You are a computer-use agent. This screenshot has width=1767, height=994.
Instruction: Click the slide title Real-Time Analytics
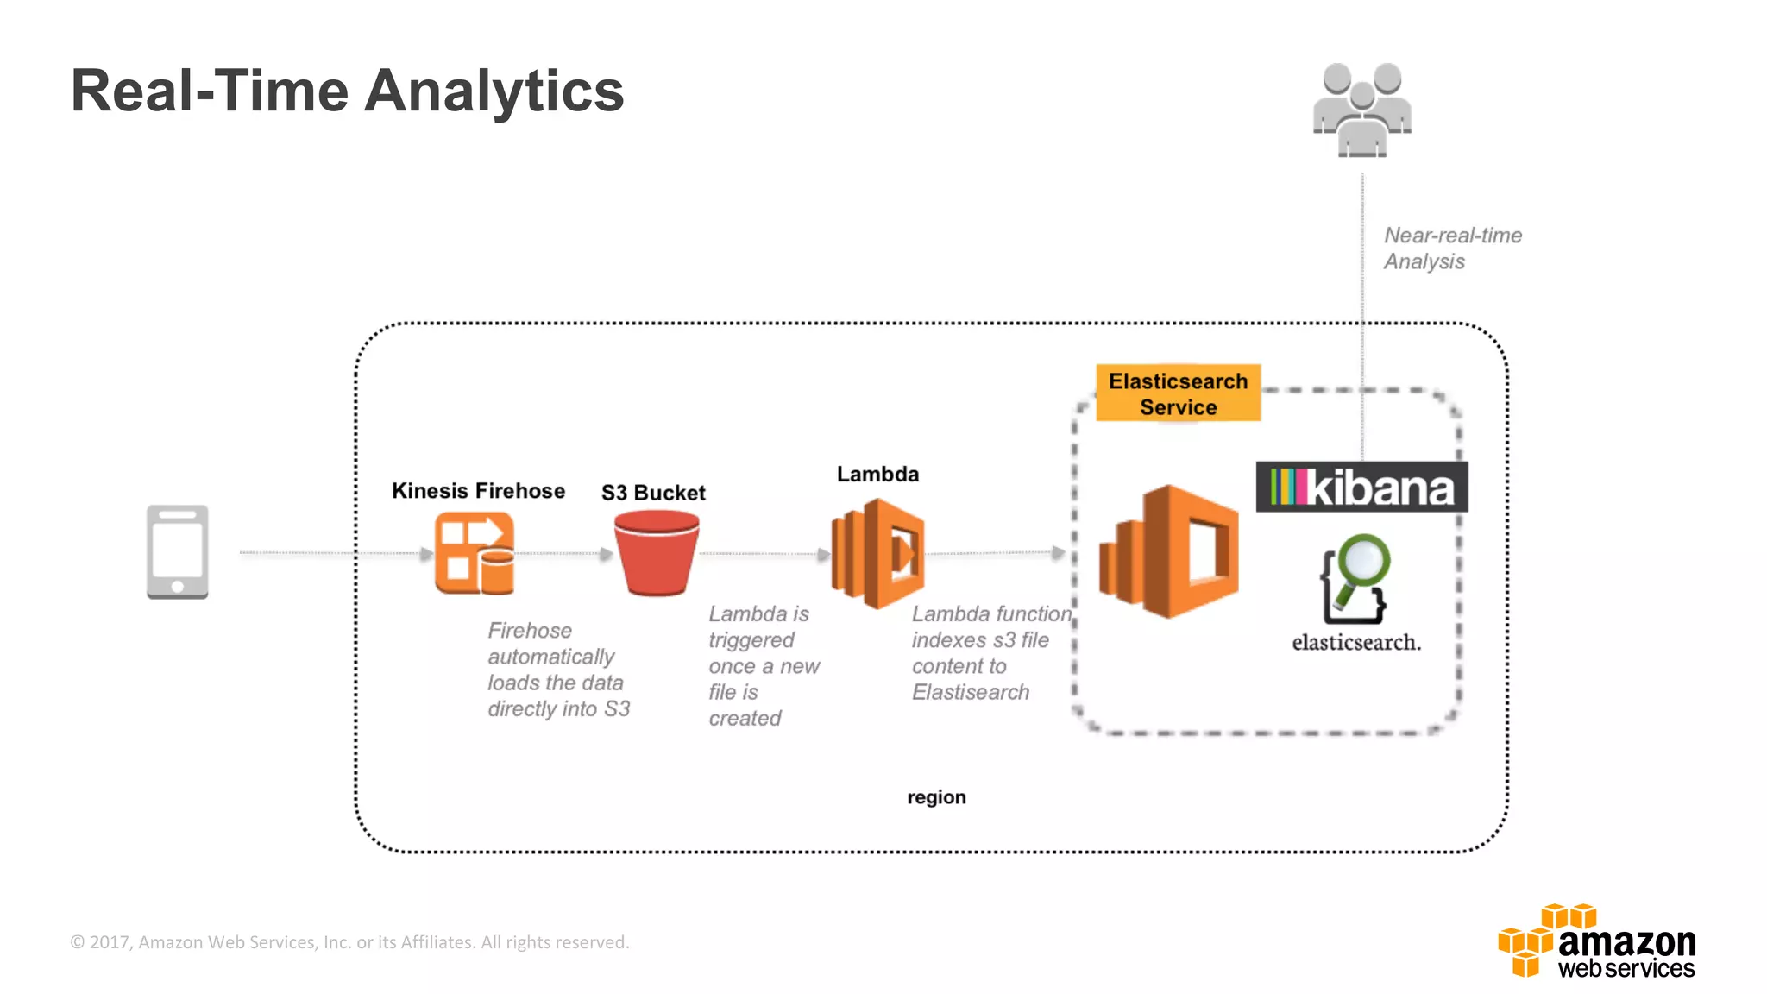coord(347,91)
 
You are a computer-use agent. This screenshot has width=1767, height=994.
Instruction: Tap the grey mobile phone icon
coord(178,552)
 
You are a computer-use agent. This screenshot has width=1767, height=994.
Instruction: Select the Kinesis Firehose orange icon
coord(475,553)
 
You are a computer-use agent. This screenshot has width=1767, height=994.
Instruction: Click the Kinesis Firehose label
coord(478,491)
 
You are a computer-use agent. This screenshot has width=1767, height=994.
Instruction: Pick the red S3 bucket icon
coord(657,553)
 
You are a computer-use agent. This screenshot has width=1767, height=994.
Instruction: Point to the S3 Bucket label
coord(653,493)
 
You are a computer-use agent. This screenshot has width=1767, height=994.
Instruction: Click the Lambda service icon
coord(877,554)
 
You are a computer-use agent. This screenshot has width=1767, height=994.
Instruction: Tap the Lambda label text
coord(877,474)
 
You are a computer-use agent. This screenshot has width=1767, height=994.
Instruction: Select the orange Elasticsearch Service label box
coord(1178,393)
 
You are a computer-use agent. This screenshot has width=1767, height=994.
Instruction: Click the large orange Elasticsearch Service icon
coord(1169,552)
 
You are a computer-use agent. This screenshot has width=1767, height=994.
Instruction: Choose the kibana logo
coord(1361,488)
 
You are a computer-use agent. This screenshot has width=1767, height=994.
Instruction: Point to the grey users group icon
coord(1362,110)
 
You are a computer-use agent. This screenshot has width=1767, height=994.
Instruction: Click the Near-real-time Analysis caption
coord(1452,248)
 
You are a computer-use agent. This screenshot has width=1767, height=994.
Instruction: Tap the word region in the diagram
coord(936,797)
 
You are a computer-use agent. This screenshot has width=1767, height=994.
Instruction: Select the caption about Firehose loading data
coord(558,670)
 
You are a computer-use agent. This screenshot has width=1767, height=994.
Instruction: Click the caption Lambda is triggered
coord(763,665)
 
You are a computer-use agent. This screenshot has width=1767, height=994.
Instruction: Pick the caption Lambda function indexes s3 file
coord(990,652)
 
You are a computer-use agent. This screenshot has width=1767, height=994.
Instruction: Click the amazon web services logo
coord(1597,941)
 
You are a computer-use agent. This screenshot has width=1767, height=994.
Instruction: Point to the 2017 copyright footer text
coord(349,942)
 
